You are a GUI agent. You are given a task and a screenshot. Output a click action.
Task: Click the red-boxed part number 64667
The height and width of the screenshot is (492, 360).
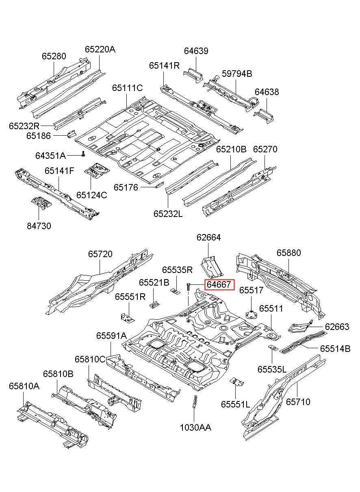click(x=219, y=285)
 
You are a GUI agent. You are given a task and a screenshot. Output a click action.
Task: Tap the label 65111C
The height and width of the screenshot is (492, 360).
click(x=128, y=88)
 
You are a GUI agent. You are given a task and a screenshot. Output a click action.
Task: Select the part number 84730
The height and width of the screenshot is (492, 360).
click(x=39, y=226)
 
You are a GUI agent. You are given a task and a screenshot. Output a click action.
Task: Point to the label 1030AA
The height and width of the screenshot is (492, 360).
click(x=195, y=428)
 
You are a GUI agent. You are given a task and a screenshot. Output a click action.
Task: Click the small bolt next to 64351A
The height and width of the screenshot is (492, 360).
click(x=83, y=154)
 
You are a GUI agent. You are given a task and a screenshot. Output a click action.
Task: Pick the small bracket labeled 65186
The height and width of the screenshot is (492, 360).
click(x=72, y=134)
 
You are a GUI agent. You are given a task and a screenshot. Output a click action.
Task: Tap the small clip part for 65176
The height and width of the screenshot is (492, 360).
click(x=159, y=185)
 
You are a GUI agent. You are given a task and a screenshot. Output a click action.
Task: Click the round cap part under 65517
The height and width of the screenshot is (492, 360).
click(x=252, y=314)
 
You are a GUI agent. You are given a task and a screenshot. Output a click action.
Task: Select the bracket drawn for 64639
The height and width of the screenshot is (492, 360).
click(x=193, y=75)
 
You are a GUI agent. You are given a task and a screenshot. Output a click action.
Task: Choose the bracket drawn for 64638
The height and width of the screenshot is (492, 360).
click(x=264, y=116)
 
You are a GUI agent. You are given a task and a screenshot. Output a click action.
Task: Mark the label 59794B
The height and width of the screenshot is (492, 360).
click(x=237, y=74)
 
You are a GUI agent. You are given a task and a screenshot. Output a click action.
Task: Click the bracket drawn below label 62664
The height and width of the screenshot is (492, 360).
click(x=212, y=266)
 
